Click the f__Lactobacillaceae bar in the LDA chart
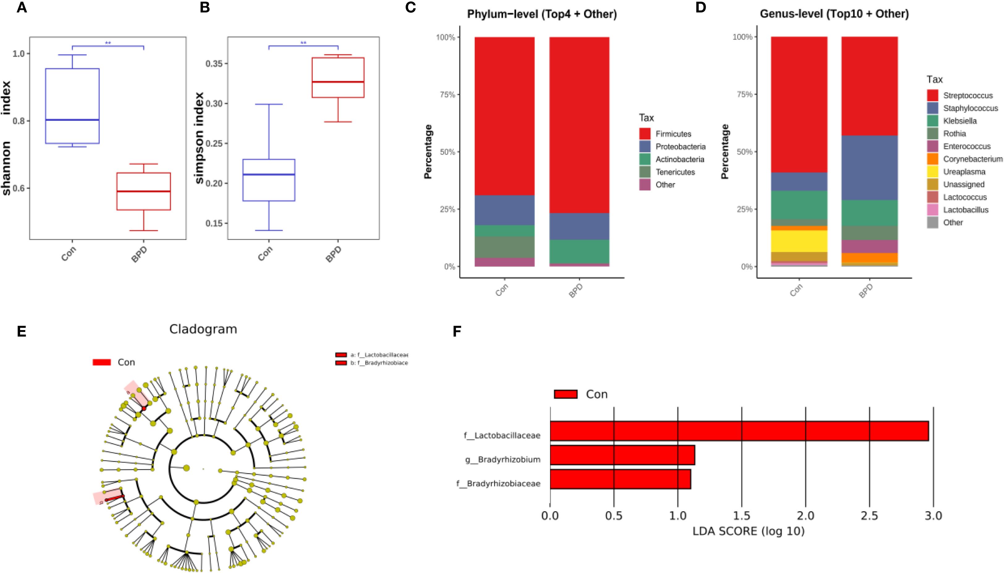click(x=739, y=431)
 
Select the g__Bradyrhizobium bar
click(x=622, y=455)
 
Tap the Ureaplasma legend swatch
click(x=932, y=172)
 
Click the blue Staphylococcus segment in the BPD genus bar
click(x=869, y=168)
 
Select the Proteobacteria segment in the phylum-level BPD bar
click(x=579, y=226)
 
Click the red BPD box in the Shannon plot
click(x=144, y=191)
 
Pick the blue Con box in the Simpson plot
click(x=269, y=180)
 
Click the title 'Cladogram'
click(x=203, y=329)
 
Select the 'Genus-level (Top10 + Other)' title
click(x=834, y=14)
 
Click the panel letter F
click(x=457, y=331)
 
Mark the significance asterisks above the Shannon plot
click(x=108, y=43)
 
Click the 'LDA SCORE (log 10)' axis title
click(x=748, y=531)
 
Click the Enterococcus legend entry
click(x=966, y=146)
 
